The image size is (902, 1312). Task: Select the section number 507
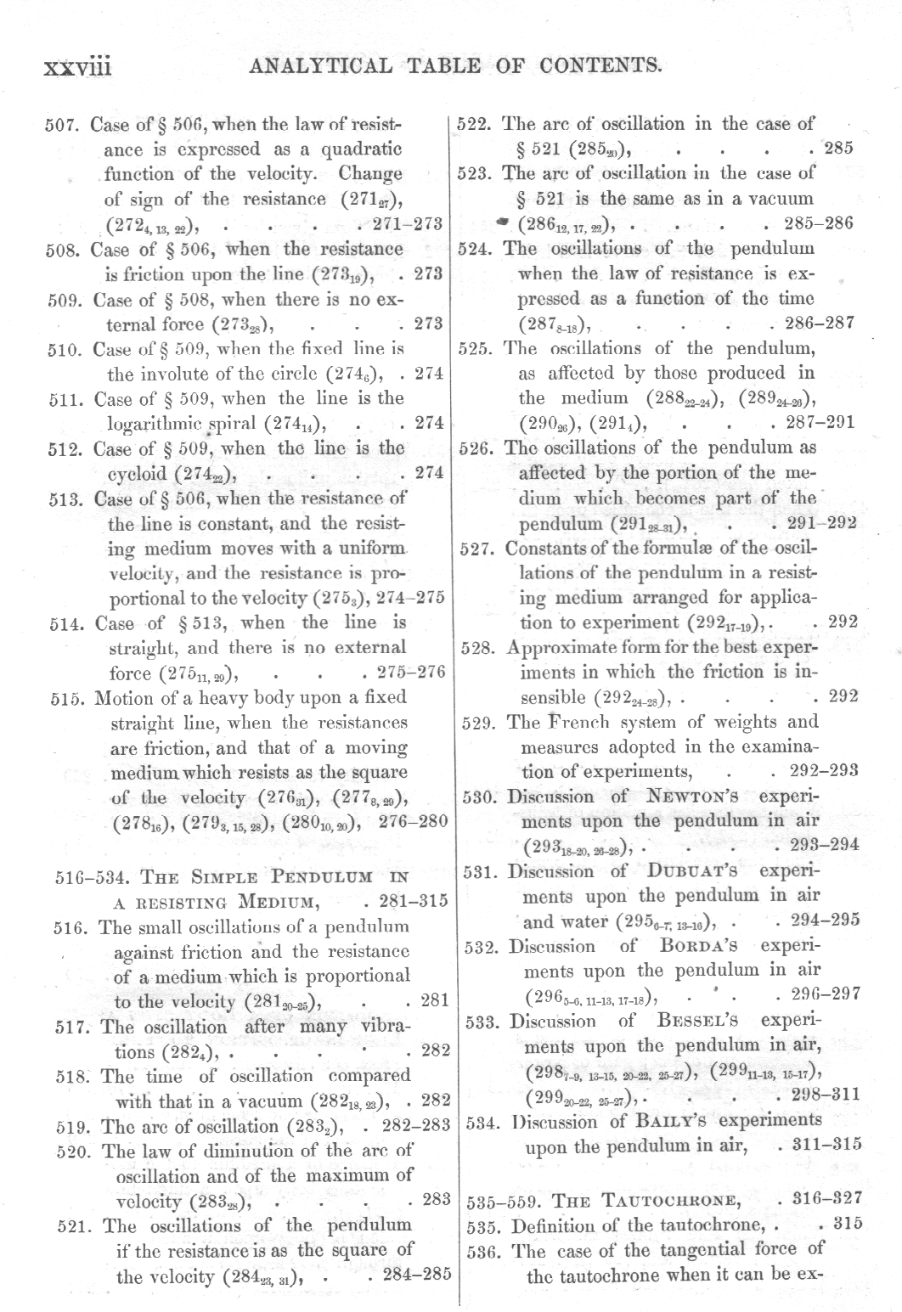[x=62, y=126]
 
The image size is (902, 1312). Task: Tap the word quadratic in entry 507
[x=361, y=149]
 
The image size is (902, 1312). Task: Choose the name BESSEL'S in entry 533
[x=696, y=1021]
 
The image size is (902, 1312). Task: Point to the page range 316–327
[x=826, y=1198]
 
